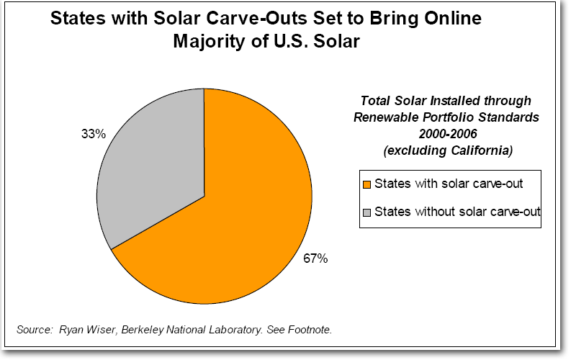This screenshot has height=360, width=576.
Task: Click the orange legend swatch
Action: [367, 184]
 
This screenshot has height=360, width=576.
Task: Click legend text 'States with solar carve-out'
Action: [448, 184]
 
